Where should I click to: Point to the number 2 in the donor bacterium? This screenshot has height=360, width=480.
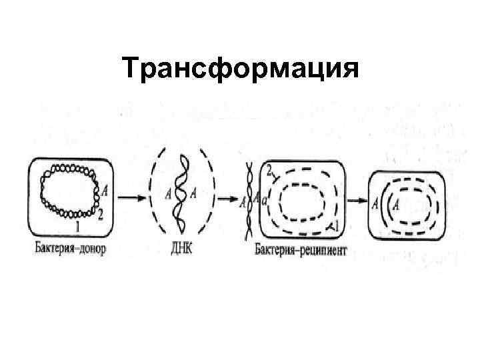point(101,215)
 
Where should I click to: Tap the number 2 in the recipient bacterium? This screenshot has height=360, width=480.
point(270,173)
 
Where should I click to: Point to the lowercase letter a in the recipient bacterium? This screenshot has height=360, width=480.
point(265,199)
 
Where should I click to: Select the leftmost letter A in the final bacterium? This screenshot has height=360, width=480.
point(377,203)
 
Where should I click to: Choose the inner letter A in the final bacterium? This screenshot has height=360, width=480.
point(398,201)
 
